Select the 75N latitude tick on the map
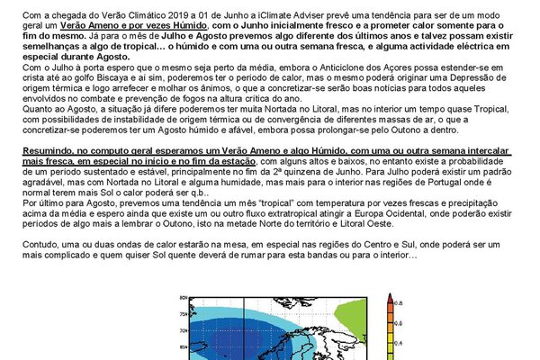click(x=184, y=314)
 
